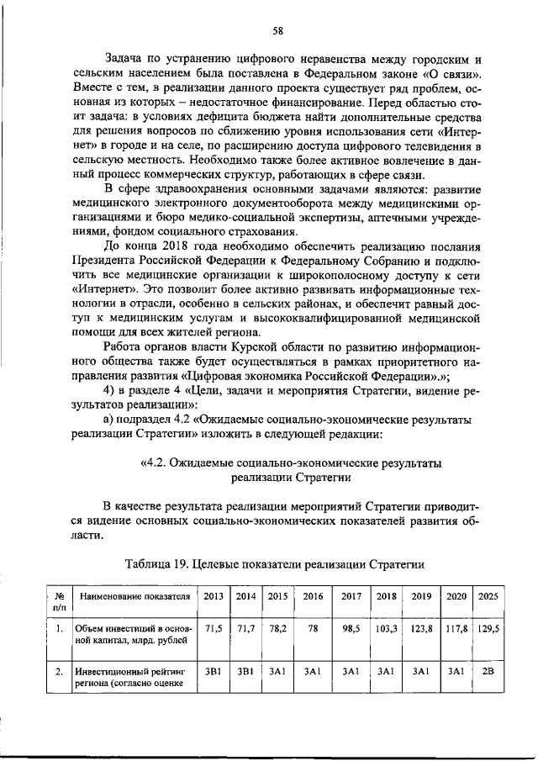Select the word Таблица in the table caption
(148, 563)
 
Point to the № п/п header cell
(58, 599)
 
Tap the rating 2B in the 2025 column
(488, 672)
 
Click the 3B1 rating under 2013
(213, 672)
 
